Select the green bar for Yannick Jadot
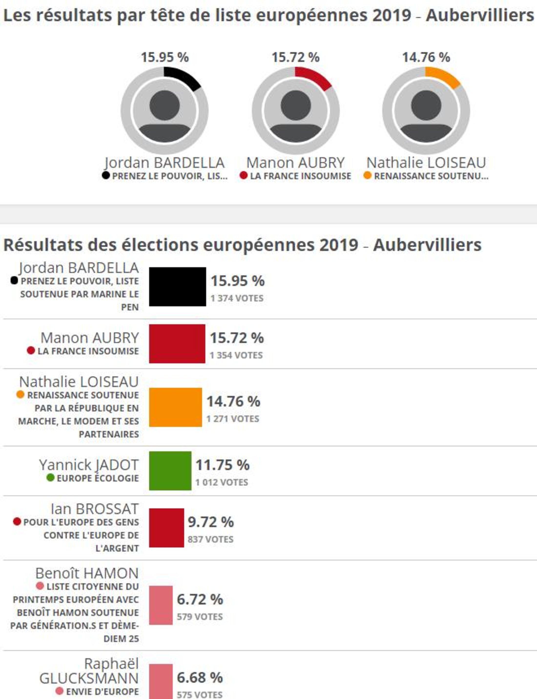click(x=170, y=471)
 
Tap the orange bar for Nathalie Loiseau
click(x=176, y=407)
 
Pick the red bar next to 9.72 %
click(x=166, y=528)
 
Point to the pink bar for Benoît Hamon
click(x=161, y=605)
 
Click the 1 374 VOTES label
click(x=237, y=298)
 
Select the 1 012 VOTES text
click(x=222, y=482)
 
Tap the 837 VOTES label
click(x=210, y=540)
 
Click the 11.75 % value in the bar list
click(x=222, y=465)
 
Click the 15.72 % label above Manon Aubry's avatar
click(x=295, y=58)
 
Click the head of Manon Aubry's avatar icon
click(x=296, y=105)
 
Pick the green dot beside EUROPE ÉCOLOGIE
click(x=51, y=478)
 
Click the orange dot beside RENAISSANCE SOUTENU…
click(x=368, y=175)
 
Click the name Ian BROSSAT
click(x=95, y=509)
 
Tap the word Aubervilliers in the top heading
click(x=479, y=15)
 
